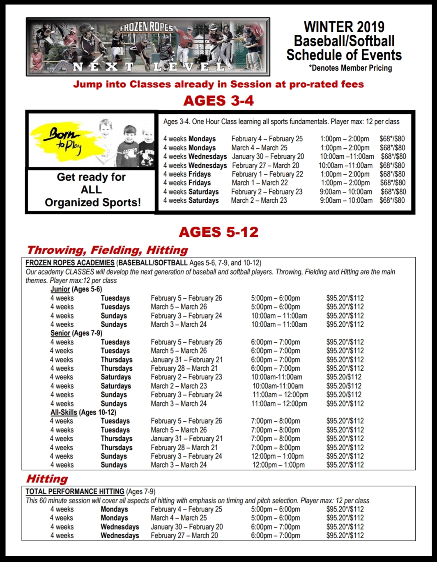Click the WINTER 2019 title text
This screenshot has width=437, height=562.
(x=344, y=27)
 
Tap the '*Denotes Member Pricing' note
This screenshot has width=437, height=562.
(x=350, y=68)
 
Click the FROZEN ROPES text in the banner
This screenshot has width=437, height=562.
(x=147, y=27)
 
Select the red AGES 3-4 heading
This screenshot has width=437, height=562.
(x=218, y=101)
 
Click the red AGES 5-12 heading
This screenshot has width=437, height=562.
(x=218, y=232)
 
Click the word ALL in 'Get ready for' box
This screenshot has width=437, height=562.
(x=91, y=190)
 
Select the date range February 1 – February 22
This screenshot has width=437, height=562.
(x=267, y=174)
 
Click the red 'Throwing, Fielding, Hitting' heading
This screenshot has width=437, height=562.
(x=107, y=250)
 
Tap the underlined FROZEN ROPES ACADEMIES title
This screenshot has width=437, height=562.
(x=70, y=263)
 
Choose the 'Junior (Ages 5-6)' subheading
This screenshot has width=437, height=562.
(x=76, y=289)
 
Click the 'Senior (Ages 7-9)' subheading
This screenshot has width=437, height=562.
(x=76, y=333)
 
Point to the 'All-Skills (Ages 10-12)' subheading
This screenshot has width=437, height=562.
(x=83, y=412)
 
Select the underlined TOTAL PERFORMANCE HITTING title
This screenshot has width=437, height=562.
(x=75, y=491)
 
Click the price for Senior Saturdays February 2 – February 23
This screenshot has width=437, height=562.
(x=344, y=377)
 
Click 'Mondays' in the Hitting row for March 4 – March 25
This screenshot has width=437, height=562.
(x=114, y=518)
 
